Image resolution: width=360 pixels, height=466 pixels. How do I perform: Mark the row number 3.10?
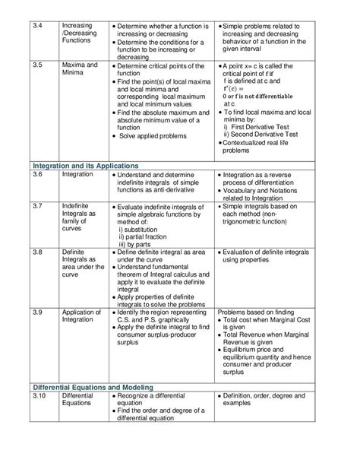tap(39, 396)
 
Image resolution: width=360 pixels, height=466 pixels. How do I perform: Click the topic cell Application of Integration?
tap(81, 316)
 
